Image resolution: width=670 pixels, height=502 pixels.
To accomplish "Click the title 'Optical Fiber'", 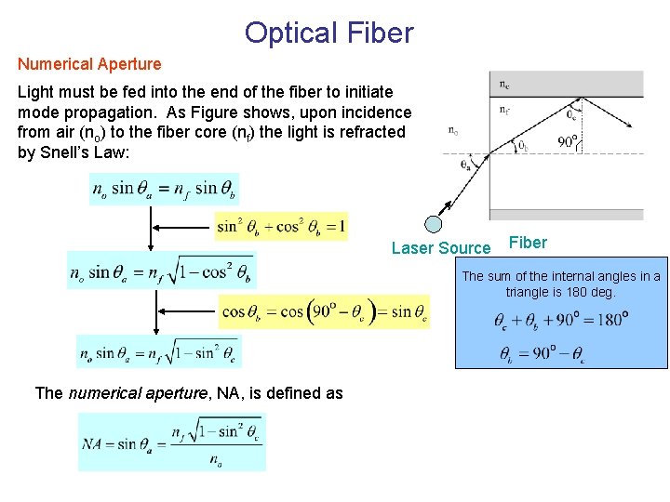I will pos(328,33).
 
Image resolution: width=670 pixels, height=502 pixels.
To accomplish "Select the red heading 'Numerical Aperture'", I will pos(89,64).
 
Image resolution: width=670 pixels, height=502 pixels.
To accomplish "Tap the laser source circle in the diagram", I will pos(433,224).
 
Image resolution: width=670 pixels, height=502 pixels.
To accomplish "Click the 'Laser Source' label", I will pos(440,247).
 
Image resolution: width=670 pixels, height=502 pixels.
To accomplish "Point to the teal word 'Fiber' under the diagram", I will pos(529,243).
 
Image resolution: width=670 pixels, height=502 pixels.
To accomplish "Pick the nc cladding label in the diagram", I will pos(503,84).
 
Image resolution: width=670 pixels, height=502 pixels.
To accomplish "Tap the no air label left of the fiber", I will pos(453,131).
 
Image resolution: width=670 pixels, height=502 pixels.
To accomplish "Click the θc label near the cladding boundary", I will pos(573,115).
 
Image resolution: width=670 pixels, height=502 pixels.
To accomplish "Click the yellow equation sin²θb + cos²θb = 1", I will pos(281,225).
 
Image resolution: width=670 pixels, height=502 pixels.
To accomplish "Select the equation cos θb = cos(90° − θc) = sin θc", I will pos(325,312).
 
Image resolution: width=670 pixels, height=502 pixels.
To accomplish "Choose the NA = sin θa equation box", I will pos(172,443).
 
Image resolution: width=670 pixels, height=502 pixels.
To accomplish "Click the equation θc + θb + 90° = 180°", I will pos(561,321).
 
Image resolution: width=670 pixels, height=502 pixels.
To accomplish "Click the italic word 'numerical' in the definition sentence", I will pos(102,393).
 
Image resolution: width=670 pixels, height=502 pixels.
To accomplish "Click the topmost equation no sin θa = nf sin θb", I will pos(164,190).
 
